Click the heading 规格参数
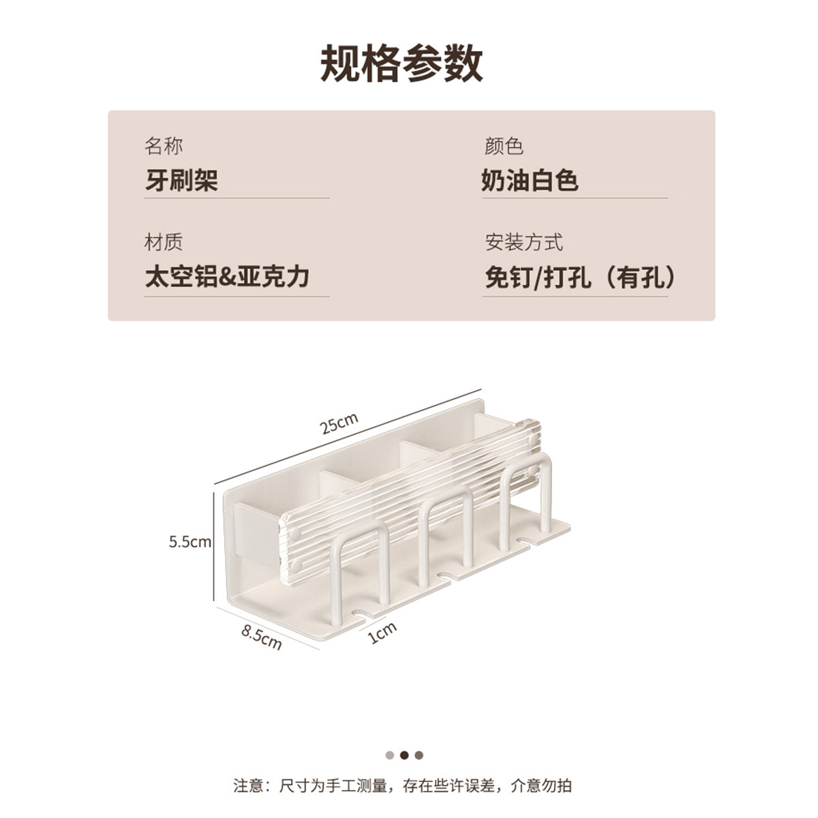coord(401,65)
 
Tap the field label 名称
coord(164,146)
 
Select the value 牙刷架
coord(181,180)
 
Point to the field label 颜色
coord(504,146)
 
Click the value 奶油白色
coord(530,180)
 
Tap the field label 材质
coord(164,242)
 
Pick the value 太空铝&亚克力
coord(227,277)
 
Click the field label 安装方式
coord(524,242)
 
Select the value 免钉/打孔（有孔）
coord(580,277)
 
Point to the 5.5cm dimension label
coord(190,542)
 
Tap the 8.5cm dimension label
coord(262,637)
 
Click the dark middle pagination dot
coord(404,755)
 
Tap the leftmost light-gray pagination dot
coord(390,755)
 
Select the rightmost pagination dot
coord(419,755)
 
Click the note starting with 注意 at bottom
coord(402,785)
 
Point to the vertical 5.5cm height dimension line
coord(214,546)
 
